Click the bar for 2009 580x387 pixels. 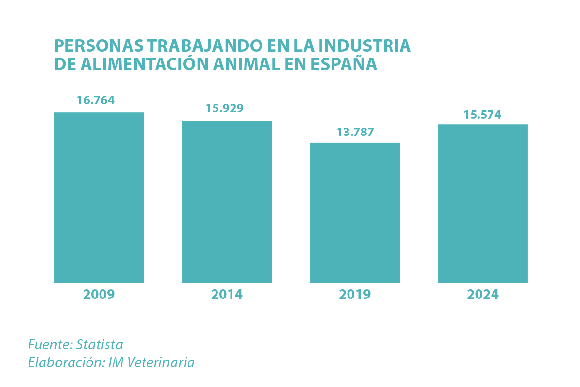pyautogui.click(x=99, y=197)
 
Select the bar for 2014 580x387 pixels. pyautogui.click(x=227, y=202)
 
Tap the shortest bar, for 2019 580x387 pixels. pyautogui.click(x=355, y=213)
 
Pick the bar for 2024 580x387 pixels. pyautogui.click(x=483, y=204)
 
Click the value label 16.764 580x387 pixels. pyautogui.click(x=96, y=100)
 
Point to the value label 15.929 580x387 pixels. pyautogui.click(x=224, y=108)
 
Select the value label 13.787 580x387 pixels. pyautogui.click(x=355, y=132)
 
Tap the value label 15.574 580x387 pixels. pyautogui.click(x=482, y=115)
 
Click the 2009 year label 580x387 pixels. pyautogui.click(x=99, y=294)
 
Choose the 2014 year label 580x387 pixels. pyautogui.click(x=227, y=294)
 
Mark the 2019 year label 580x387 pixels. pyautogui.click(x=355, y=294)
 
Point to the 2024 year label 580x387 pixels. pyautogui.click(x=483, y=294)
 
